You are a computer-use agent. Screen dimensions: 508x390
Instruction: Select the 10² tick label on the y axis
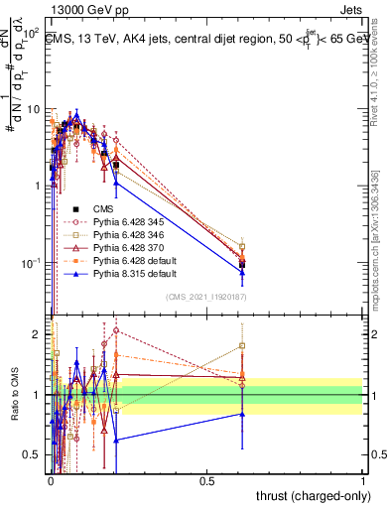click(x=31, y=33)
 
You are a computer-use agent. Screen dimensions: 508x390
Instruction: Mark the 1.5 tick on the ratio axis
click(x=32, y=364)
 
